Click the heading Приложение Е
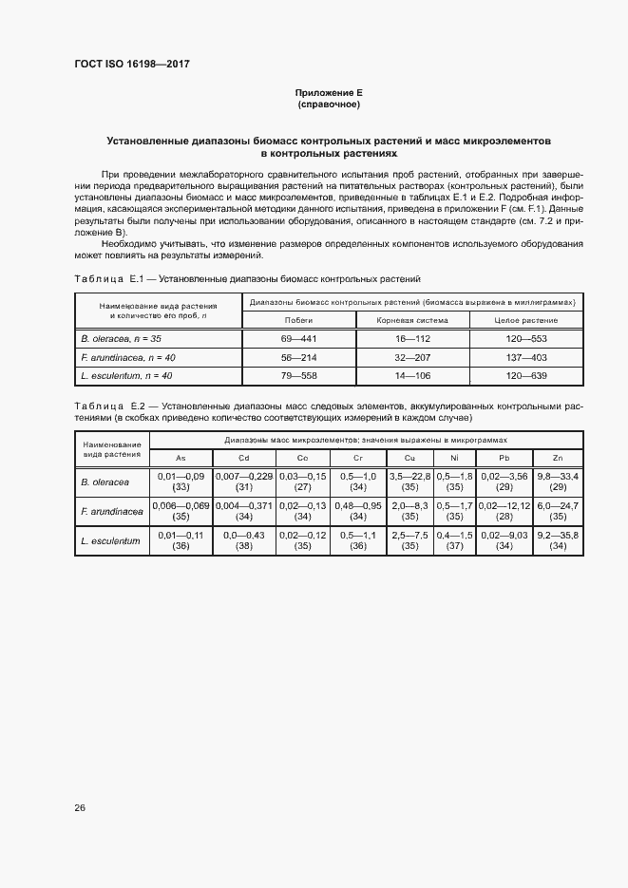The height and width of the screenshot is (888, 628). [x=329, y=92]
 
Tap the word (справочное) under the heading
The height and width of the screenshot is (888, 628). [x=329, y=104]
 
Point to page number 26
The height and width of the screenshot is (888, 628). [x=80, y=808]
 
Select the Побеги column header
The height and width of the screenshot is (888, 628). [x=298, y=320]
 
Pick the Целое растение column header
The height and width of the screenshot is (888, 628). [x=525, y=320]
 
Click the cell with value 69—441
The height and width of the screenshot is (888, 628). [x=298, y=338]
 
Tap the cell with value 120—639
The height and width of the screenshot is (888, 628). [x=525, y=376]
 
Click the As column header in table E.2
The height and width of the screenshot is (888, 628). [x=181, y=457]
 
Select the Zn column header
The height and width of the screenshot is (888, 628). [x=559, y=457]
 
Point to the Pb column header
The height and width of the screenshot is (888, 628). [x=504, y=457]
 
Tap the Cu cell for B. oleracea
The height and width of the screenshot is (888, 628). [x=410, y=481]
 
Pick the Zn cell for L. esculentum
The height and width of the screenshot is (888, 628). [x=559, y=541]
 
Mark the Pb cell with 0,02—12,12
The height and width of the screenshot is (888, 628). [x=504, y=512]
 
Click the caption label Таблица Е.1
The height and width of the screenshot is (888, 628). [x=106, y=279]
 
